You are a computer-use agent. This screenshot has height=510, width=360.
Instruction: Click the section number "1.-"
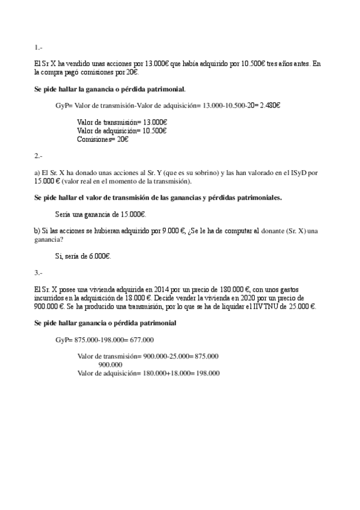(38, 47)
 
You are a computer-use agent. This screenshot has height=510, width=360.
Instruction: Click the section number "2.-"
(38, 156)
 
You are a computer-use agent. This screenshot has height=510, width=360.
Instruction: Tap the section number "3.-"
(38, 272)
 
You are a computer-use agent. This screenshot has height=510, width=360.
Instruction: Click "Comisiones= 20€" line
(103, 139)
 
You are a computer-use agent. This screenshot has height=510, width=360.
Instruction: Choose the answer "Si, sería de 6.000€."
(83, 256)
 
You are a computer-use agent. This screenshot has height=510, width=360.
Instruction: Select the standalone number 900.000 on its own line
(111, 364)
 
